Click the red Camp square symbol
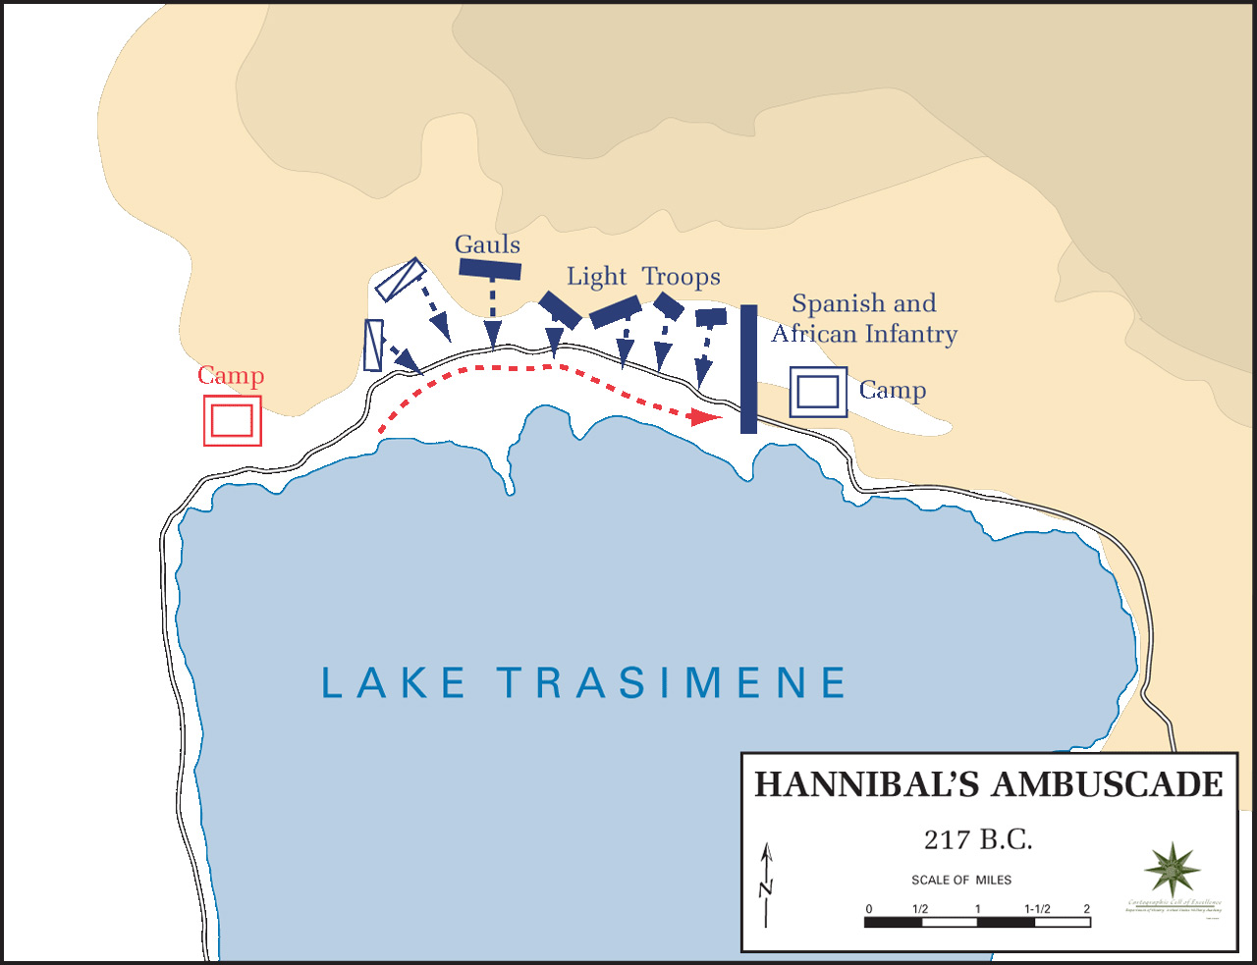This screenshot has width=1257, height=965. pos(233,420)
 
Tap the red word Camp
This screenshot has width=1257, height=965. pos(231,376)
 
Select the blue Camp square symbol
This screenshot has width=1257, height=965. pos(818,392)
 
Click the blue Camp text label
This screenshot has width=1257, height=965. pos(892,391)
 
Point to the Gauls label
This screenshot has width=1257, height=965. pos(487,244)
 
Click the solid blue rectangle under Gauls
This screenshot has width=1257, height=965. pos(490,269)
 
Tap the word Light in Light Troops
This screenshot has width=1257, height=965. pos(596,277)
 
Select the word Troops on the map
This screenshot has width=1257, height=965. pos(682,277)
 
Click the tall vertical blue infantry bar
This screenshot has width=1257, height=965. pos(748,368)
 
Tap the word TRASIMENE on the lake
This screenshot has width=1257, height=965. pos(673,683)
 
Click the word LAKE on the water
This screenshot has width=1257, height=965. pos(394,683)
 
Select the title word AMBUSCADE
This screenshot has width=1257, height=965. pos(1108,785)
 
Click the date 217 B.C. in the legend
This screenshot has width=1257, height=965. pos(978,840)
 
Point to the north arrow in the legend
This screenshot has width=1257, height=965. pos(767,885)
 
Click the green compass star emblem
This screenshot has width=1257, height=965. pos(1172,870)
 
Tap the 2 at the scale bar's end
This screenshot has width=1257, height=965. pos(1086,909)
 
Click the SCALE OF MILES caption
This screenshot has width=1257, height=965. pos(961,880)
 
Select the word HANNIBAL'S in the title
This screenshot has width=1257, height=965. pos(867,785)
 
